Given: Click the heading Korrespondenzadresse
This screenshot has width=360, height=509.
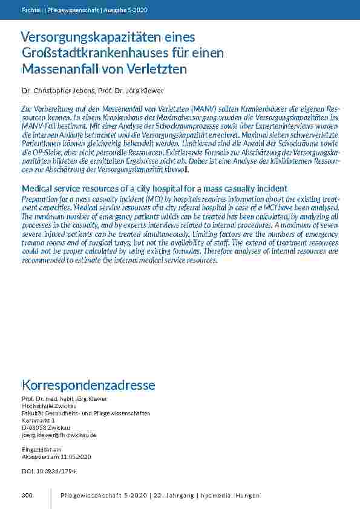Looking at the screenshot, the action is click(x=88, y=385).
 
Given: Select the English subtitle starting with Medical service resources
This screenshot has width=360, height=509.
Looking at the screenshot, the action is click(x=154, y=189).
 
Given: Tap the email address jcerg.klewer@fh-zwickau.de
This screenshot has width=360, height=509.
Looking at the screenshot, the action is click(x=59, y=435).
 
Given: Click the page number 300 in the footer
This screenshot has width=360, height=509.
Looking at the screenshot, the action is click(x=27, y=496).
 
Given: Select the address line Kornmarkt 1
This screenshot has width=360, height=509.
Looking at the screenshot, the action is click(x=38, y=420).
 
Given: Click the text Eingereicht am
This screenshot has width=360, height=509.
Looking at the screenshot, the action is click(x=41, y=450).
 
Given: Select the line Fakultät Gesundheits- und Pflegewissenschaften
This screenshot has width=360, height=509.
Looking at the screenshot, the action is click(x=85, y=413).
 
